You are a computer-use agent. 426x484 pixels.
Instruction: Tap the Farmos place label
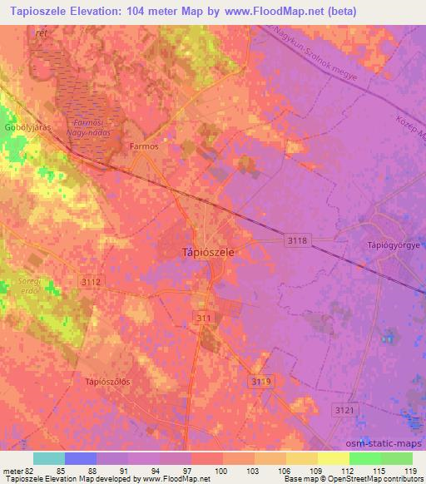[x=143, y=145]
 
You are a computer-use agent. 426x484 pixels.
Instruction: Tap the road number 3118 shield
[x=296, y=240]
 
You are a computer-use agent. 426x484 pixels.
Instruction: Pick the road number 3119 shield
[x=260, y=380]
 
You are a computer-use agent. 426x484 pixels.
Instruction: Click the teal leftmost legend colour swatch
[x=49, y=458]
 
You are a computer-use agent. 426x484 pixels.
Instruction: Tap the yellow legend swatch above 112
[x=334, y=458]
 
